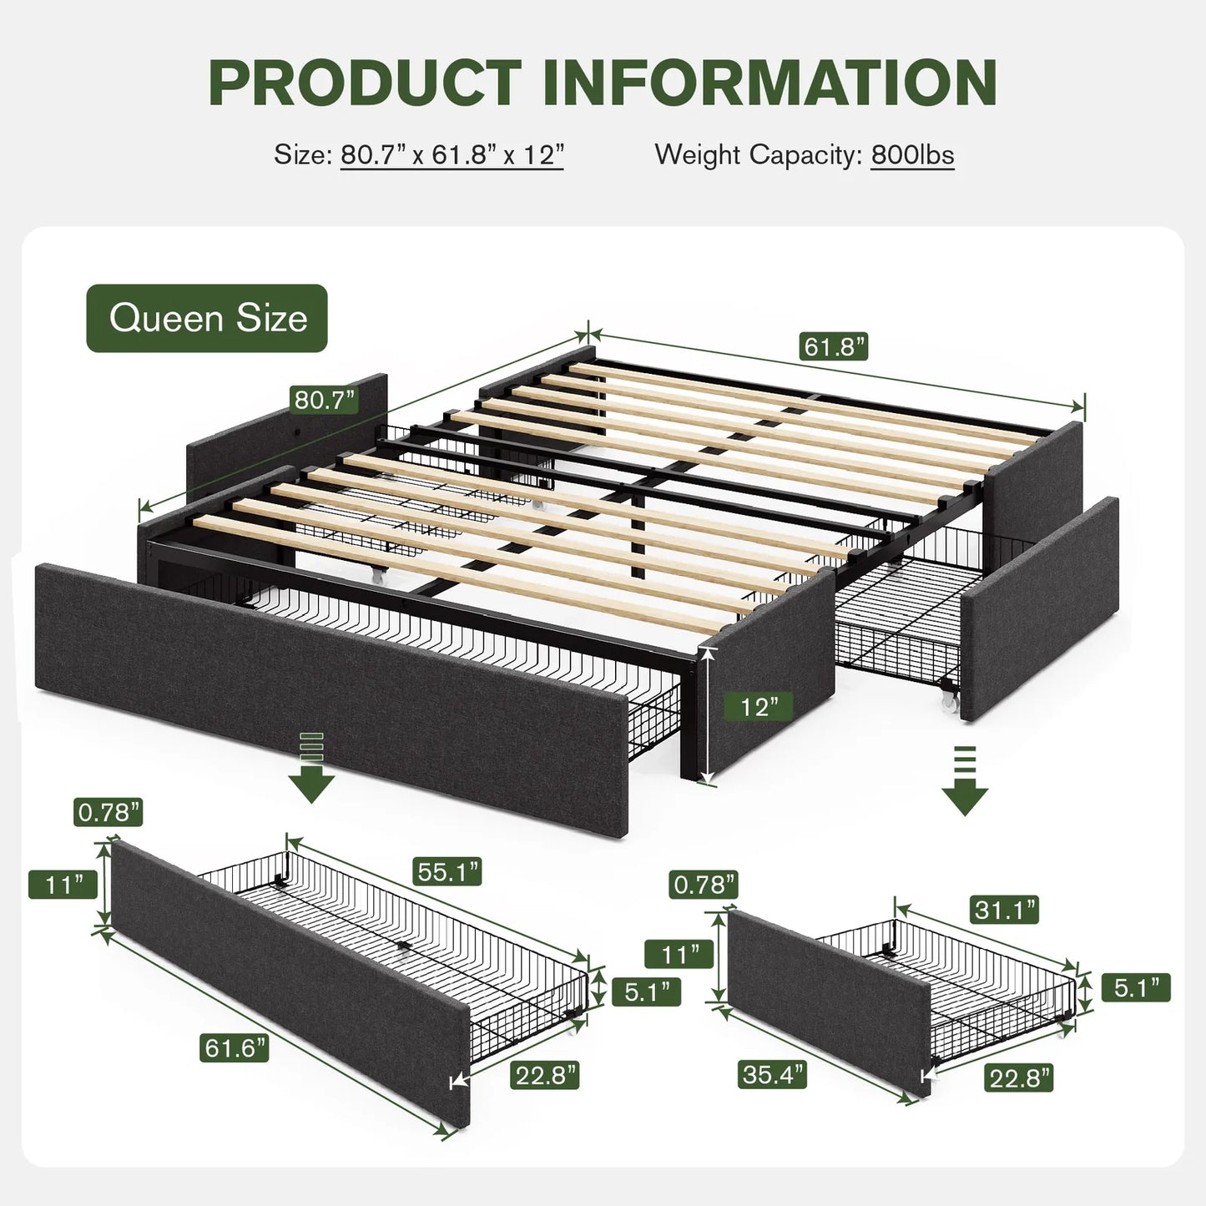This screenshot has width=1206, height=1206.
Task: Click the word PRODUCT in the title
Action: coord(365,83)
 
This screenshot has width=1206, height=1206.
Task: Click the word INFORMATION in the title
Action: coord(770,83)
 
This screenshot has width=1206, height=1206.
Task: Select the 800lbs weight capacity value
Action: coord(912,155)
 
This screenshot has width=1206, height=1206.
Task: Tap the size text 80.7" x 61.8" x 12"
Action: coord(452,155)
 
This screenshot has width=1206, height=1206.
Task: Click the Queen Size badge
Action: coord(207,318)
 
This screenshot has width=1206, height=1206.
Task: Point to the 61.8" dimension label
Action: coord(834,346)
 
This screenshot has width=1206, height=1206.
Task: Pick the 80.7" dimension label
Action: coord(325,400)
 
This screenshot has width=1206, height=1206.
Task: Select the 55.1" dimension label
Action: coord(447,872)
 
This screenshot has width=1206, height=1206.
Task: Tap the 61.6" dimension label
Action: coord(235,1047)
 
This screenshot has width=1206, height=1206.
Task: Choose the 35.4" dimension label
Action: coord(772,1074)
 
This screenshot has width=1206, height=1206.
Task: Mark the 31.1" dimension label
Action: coord(1004,910)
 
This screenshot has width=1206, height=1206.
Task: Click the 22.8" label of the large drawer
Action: coord(545,1075)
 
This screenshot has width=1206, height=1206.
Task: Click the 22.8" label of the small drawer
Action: coord(1018,1078)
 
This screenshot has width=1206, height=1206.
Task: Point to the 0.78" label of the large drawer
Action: coord(108,811)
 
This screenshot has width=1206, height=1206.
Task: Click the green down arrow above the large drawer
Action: coord(311,768)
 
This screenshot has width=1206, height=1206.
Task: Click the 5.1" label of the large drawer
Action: coord(646,992)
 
